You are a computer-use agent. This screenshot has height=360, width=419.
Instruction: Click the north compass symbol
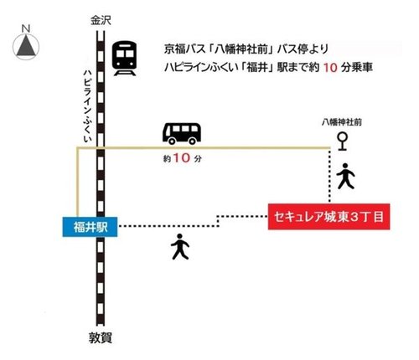click(26, 47)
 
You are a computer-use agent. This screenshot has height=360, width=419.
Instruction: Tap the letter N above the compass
click(26, 28)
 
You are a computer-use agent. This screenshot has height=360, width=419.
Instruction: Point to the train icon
click(125, 59)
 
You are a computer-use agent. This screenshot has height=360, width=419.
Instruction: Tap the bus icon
click(182, 132)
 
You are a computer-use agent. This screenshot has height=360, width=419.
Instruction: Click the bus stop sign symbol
click(342, 140)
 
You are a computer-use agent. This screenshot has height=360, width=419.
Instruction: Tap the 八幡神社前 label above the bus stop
click(341, 122)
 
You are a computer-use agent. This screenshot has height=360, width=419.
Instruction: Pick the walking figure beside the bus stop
click(345, 176)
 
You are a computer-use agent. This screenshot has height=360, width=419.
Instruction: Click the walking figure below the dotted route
click(179, 246)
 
